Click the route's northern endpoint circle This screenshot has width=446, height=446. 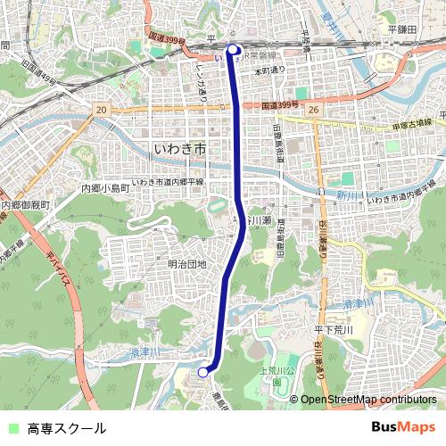point(234,50)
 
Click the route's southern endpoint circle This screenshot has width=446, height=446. point(203,372)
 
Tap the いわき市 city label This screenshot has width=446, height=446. point(180,149)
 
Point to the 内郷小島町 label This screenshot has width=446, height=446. point(106,188)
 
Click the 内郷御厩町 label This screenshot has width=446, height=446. point(27,205)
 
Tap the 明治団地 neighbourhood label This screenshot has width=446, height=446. point(186,264)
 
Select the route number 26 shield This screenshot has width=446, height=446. point(312,110)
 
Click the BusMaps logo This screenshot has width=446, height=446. point(404,427)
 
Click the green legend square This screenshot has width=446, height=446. point(12,428)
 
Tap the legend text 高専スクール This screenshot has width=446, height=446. point(66,428)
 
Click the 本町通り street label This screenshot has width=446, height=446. point(270,70)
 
